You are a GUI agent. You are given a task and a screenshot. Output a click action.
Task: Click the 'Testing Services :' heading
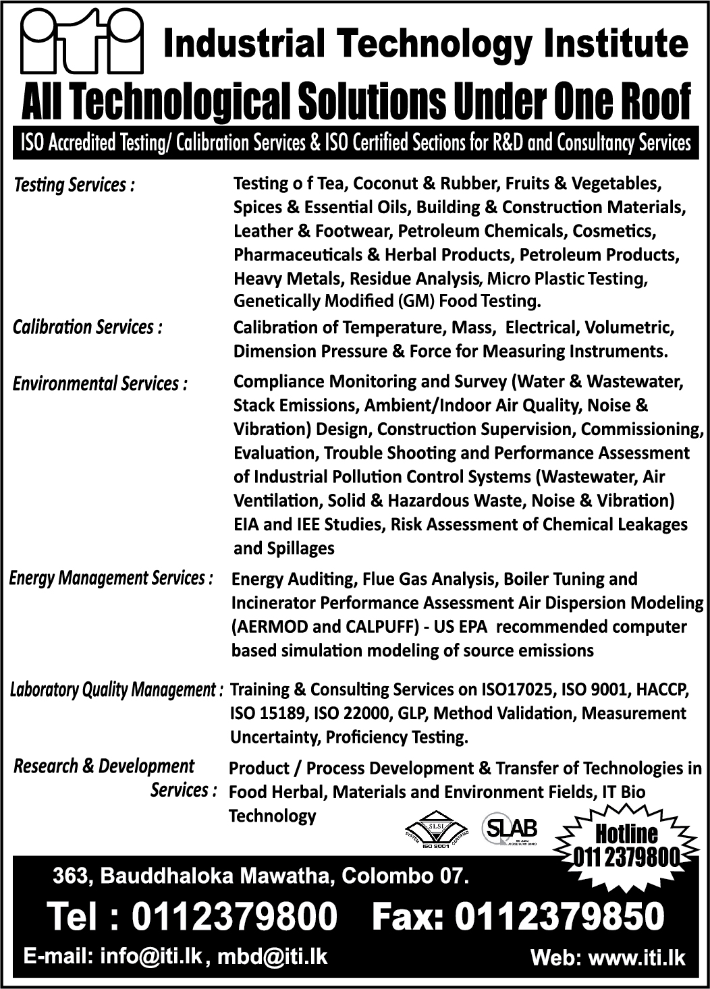[x=74, y=185]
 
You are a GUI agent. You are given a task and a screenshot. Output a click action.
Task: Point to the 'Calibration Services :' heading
[x=88, y=327]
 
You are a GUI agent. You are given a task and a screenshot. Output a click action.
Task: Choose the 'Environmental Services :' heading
[x=100, y=384]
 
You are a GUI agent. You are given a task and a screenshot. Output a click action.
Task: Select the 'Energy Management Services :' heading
[x=111, y=578]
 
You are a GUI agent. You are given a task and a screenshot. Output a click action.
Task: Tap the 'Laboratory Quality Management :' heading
[x=116, y=689]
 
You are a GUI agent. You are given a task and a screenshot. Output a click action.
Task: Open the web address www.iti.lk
[x=637, y=959]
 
